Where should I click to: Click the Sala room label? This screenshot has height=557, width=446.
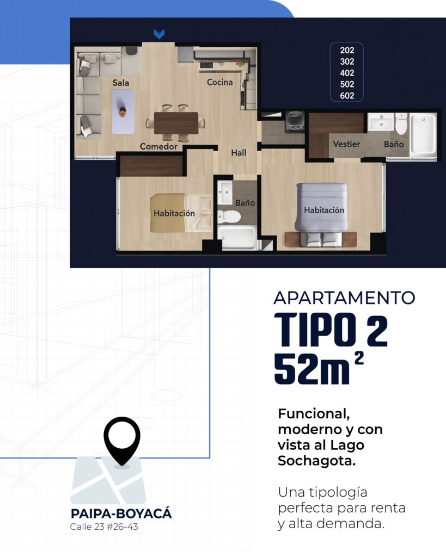pyautogui.click(x=121, y=83)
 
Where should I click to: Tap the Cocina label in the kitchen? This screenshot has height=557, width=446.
pyautogui.click(x=219, y=83)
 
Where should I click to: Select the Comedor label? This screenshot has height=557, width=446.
pyautogui.click(x=158, y=147)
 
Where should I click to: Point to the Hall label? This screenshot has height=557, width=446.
pyautogui.click(x=239, y=153)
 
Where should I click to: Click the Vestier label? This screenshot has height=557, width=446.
pyautogui.click(x=346, y=144)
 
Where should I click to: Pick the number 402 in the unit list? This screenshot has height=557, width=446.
pyautogui.click(x=347, y=73)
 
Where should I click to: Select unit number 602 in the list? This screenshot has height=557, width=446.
pyautogui.click(x=347, y=96)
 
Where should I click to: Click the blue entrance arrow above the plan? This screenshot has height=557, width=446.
pyautogui.click(x=158, y=34)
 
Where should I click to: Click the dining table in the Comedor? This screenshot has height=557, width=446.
pyautogui.click(x=176, y=123)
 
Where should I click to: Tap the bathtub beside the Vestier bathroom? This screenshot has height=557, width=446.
pyautogui.click(x=423, y=134)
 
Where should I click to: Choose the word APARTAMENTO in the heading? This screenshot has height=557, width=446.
pyautogui.click(x=344, y=298)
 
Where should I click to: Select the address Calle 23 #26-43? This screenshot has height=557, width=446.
pyautogui.click(x=103, y=527)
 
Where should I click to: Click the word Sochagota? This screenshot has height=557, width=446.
pyautogui.click(x=313, y=461)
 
